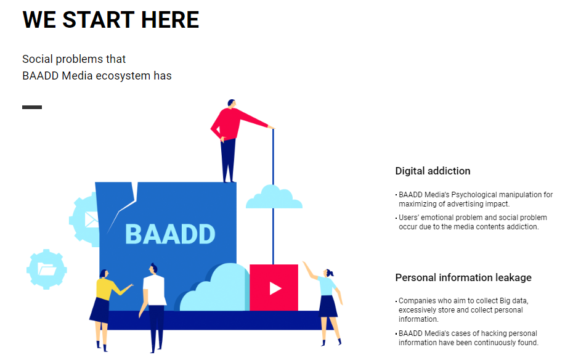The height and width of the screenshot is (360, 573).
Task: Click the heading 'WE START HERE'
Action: (x=111, y=20)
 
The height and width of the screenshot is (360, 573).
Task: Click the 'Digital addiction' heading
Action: (x=433, y=171)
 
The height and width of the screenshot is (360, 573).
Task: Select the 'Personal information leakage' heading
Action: (x=463, y=278)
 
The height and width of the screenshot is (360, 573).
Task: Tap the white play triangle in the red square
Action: (x=275, y=288)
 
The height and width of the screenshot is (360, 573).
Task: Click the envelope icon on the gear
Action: (x=91, y=220)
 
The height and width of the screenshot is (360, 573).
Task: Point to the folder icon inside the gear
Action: (x=47, y=270)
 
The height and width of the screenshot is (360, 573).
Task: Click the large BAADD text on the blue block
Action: (x=170, y=234)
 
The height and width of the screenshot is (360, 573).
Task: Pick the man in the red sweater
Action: (x=234, y=141)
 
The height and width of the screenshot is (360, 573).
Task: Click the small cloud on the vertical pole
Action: (x=274, y=197)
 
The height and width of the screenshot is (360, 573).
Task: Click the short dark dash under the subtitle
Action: (x=32, y=107)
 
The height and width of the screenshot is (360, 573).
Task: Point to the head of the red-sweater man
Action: (x=232, y=104)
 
